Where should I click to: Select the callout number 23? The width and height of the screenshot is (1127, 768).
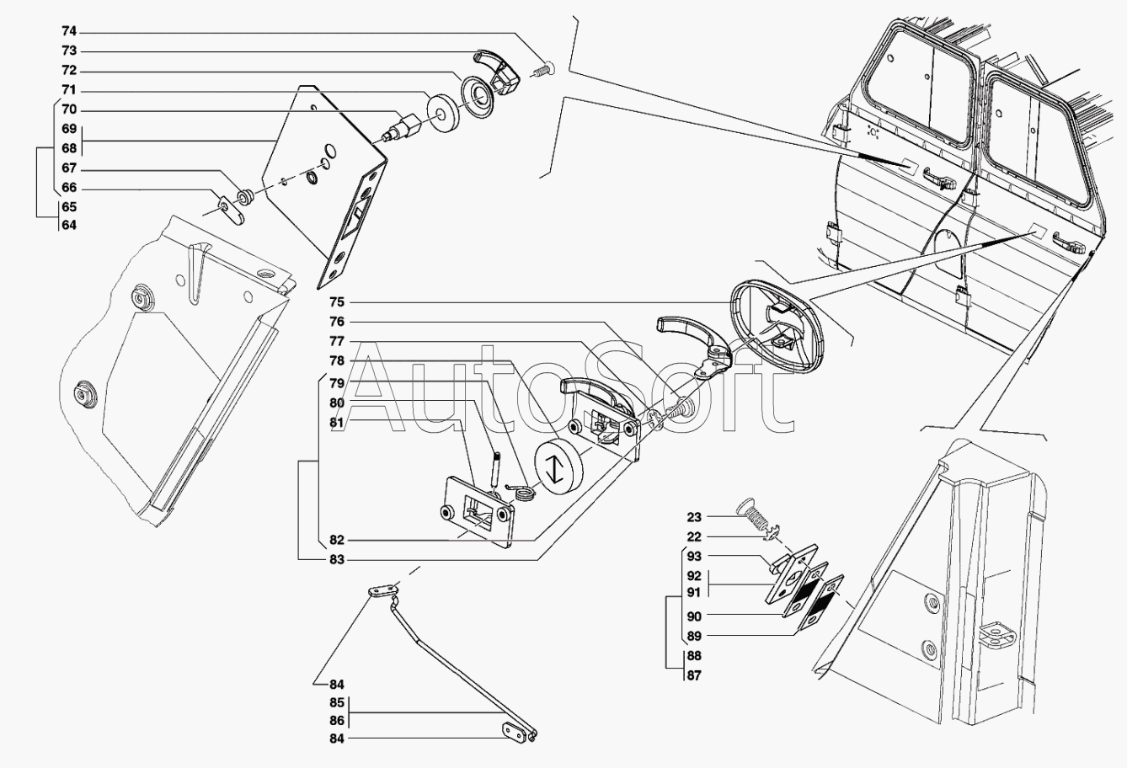point(693,516)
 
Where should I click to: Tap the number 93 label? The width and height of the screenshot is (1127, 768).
point(693,557)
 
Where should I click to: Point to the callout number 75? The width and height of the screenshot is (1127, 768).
point(337,301)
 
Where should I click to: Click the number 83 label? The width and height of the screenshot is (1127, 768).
point(337,559)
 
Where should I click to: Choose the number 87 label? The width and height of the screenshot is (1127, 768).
point(693,675)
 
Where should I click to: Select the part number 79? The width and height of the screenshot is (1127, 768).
point(337,383)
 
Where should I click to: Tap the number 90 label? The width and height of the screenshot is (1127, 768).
point(693,616)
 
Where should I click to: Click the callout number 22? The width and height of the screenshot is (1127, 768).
point(693,536)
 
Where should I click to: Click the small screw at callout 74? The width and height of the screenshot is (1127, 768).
point(544,69)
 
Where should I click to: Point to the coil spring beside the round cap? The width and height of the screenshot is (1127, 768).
point(524,491)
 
